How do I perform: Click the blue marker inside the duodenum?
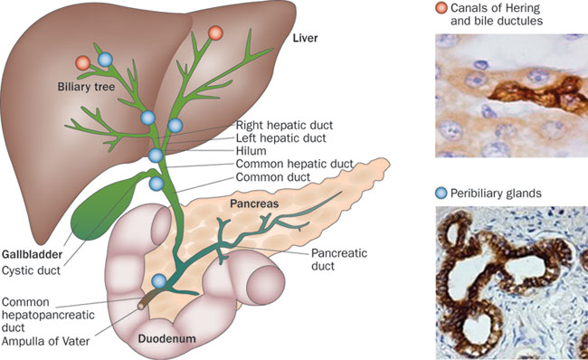click(x=160, y=281)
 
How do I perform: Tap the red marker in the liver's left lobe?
click(x=215, y=33)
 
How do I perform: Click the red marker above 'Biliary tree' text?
click(x=83, y=63)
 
